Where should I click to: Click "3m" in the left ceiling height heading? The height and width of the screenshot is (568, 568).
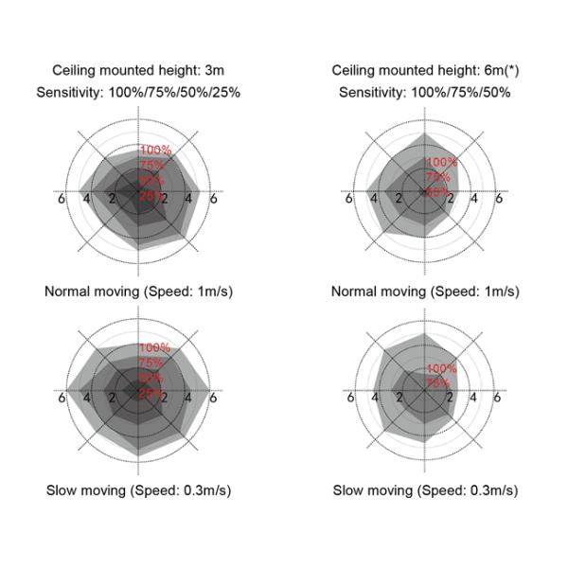click(x=216, y=71)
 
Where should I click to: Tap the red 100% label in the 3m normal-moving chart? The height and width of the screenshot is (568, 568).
click(x=155, y=150)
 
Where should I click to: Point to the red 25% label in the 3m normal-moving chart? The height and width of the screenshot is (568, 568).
click(x=151, y=195)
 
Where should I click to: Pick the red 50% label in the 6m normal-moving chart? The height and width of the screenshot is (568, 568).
click(x=437, y=191)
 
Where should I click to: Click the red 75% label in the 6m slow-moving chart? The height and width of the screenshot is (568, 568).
click(x=438, y=382)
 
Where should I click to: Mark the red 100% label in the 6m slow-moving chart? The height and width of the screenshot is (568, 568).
click(x=441, y=368)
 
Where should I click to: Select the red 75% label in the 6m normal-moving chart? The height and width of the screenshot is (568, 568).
click(x=438, y=177)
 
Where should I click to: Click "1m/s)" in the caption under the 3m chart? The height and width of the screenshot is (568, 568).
click(x=212, y=291)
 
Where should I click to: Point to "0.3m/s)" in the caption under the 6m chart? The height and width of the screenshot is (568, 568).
click(x=493, y=490)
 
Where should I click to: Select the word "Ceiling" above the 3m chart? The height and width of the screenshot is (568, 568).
click(x=74, y=71)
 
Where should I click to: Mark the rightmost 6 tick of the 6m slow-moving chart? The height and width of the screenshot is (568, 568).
click(x=498, y=398)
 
